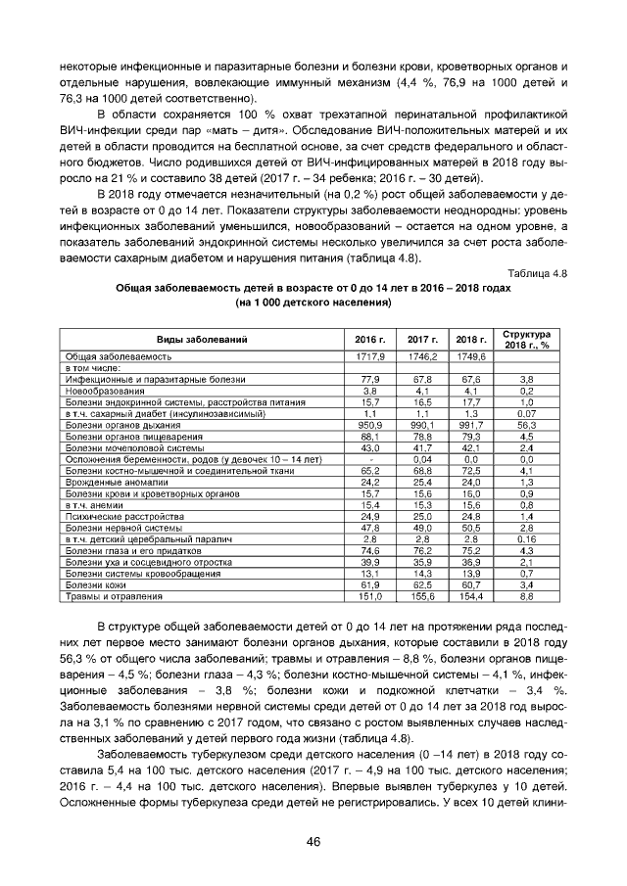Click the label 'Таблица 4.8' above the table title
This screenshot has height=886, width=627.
(x=538, y=273)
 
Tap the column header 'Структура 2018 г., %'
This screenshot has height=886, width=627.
(x=526, y=339)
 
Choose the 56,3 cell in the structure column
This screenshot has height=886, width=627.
(x=526, y=425)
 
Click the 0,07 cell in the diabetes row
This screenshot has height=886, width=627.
(x=526, y=413)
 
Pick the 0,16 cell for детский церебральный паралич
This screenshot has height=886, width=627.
(x=526, y=538)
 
